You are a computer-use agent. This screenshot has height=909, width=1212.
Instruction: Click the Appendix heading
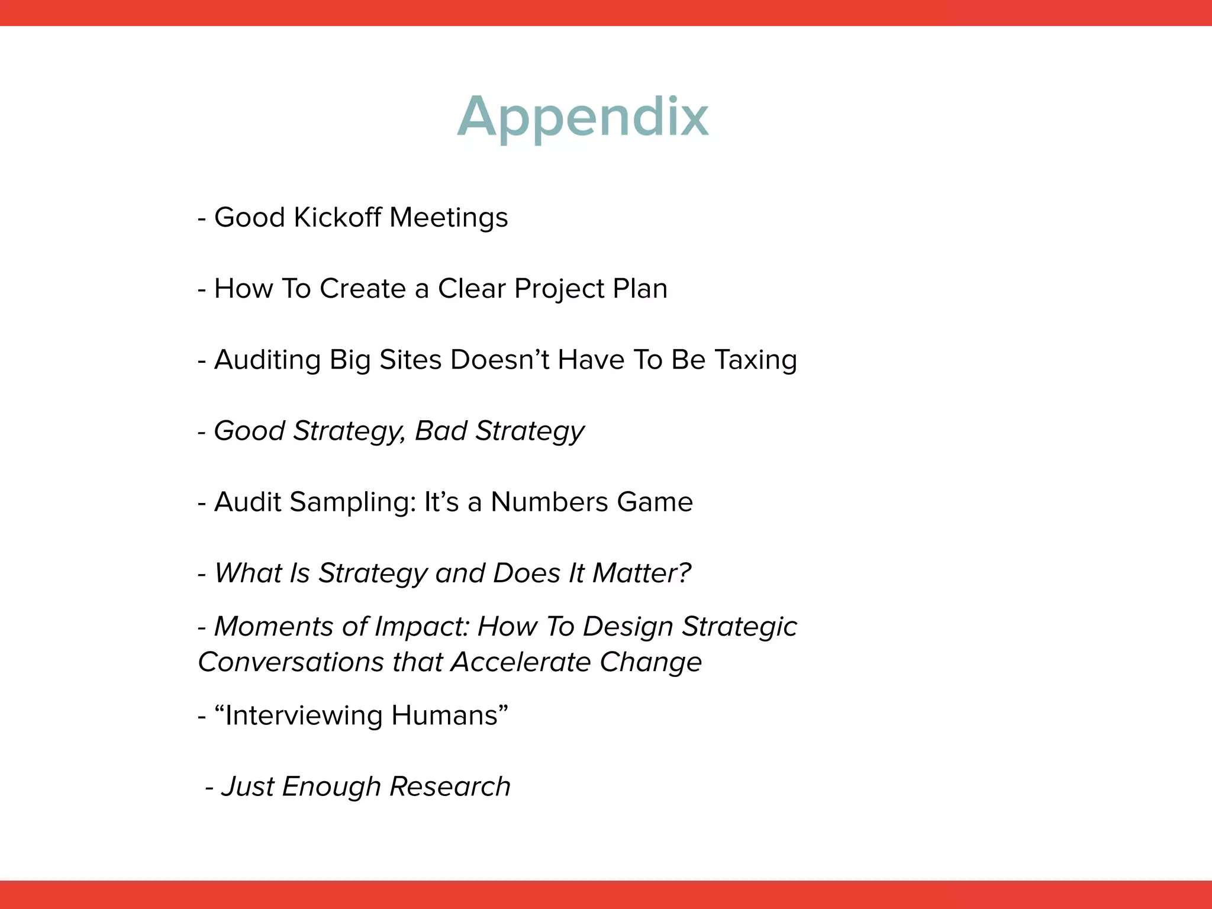[583, 117]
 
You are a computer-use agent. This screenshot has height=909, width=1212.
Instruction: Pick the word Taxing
[756, 360]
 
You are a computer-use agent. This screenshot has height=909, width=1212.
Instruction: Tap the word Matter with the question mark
[642, 573]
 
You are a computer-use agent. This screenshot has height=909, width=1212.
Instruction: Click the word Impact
[421, 626]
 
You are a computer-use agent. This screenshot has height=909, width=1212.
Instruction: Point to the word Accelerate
[521, 662]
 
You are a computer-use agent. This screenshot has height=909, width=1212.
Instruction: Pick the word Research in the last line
[450, 786]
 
